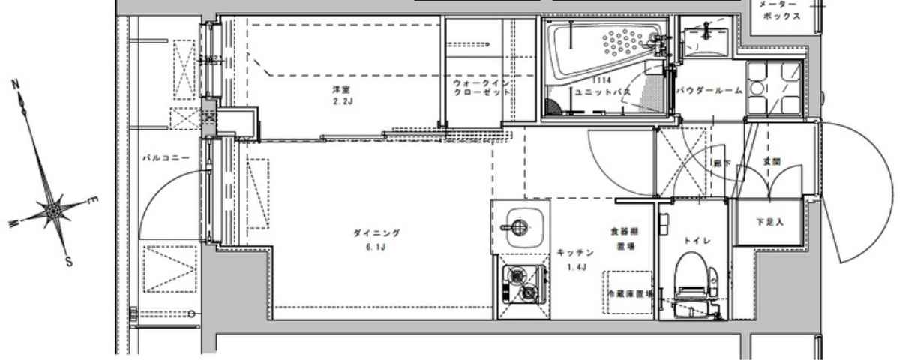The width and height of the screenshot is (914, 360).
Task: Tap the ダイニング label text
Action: click(x=376, y=233)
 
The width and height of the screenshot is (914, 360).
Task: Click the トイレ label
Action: click(x=692, y=240)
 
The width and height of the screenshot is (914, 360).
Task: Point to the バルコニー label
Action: click(x=165, y=158)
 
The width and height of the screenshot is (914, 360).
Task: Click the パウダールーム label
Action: click(x=709, y=90)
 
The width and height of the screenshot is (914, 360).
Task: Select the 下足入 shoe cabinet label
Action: click(x=770, y=223)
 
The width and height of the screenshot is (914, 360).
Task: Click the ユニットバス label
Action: click(x=602, y=91)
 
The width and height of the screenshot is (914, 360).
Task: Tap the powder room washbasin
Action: click(x=705, y=41)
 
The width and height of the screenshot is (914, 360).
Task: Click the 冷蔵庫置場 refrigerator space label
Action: click(x=628, y=293)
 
